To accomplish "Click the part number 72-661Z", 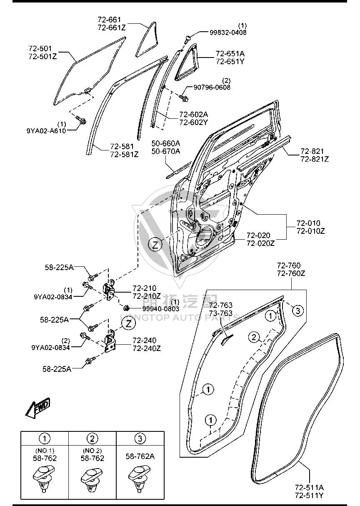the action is tap(112, 28).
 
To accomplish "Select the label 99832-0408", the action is tap(228, 33).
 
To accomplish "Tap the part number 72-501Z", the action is tap(42, 56).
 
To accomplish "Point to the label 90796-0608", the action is tap(212, 87).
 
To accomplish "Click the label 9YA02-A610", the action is tap(46, 131).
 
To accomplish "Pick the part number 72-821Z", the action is tap(315, 159).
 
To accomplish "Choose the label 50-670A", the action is tap(166, 151).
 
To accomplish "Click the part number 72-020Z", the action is tap(261, 243).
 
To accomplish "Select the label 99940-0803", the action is tap(160, 308).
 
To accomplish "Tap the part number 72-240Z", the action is tap(147, 348).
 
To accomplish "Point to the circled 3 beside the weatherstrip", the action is tap(298, 311).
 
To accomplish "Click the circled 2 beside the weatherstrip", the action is tap(254, 337).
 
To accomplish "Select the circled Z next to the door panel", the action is tap(155, 245).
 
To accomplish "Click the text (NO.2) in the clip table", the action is tap(92, 451).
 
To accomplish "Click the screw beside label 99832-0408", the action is tap(187, 40).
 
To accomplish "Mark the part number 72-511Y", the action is tap(309, 496).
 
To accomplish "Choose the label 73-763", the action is tap(221, 313).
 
